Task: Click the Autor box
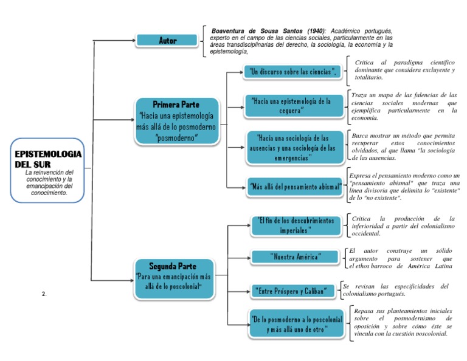(x=168, y=41)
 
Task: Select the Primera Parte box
(x=176, y=121)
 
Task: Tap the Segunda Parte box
(x=175, y=277)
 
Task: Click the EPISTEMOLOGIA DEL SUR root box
(x=47, y=171)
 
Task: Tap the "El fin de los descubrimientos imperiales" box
(x=296, y=225)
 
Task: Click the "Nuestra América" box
(x=295, y=256)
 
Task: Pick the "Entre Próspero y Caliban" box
(x=295, y=291)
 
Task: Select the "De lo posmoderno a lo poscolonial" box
(x=296, y=324)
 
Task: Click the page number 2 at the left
(x=44, y=294)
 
